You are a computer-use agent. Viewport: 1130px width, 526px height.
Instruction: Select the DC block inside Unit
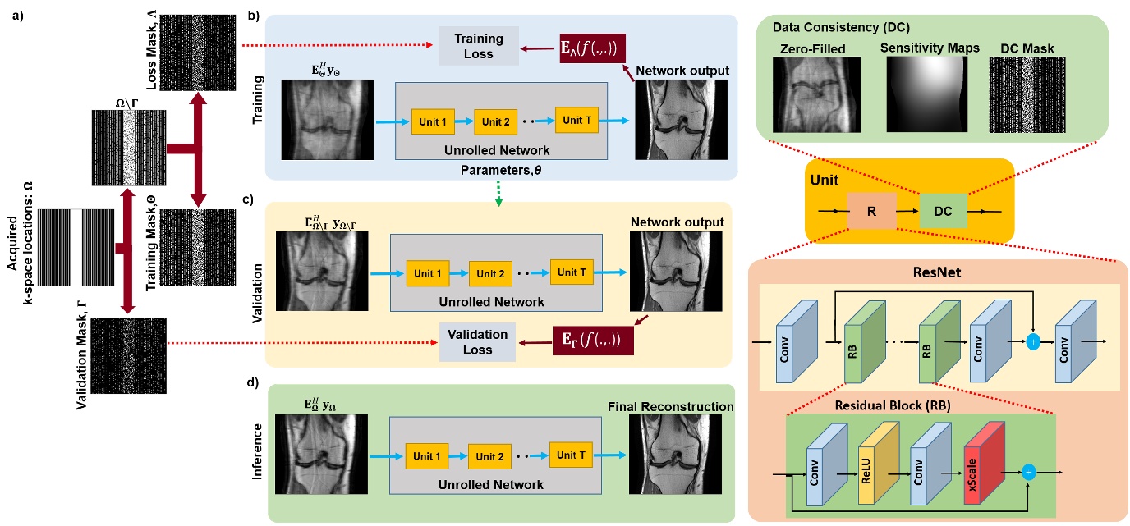(944, 209)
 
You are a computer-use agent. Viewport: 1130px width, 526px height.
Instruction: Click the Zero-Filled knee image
(812, 94)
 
